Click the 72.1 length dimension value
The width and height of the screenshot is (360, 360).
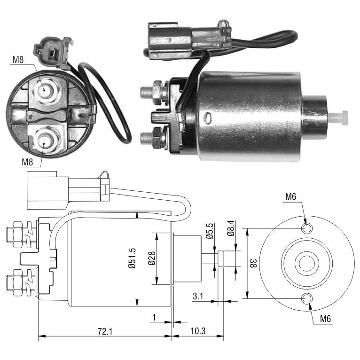point(105,331)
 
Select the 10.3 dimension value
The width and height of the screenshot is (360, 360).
point(198,331)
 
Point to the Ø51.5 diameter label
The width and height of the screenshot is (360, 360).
point(132,258)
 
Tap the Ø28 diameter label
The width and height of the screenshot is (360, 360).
point(152,258)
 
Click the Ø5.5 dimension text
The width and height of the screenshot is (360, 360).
point(210,231)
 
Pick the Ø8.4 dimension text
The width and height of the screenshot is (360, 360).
point(231,228)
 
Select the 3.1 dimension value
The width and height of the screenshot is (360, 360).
point(198,296)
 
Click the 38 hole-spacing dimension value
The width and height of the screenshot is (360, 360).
point(253,263)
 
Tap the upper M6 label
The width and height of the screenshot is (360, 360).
point(290,196)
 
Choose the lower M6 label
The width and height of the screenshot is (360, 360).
point(326,319)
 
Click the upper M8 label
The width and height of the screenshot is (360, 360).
point(18,60)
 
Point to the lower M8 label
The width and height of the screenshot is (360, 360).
point(27,162)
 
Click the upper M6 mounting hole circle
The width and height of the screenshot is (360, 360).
point(306,228)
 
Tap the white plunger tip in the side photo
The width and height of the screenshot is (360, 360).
point(338,118)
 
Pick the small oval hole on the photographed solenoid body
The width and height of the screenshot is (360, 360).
point(208,117)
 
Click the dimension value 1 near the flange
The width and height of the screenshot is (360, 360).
point(154,317)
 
